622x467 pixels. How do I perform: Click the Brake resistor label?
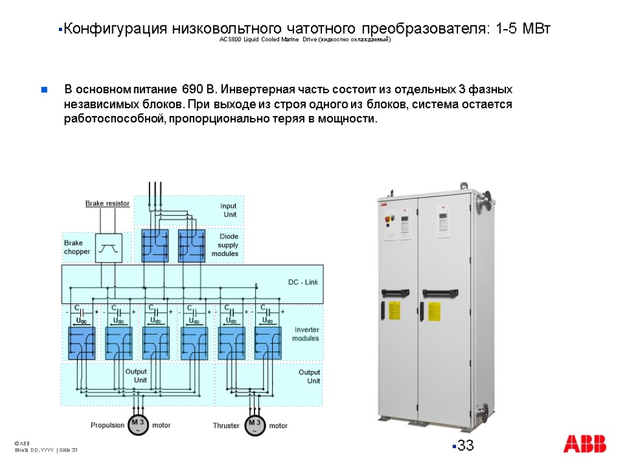[x=107, y=204]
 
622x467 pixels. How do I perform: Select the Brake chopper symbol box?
[x=109, y=247]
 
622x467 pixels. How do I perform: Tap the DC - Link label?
[x=302, y=282]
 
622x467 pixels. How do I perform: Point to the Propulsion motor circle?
[x=138, y=425]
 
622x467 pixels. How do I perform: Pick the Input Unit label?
[x=229, y=210]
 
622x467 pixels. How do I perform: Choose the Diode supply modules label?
[x=225, y=244]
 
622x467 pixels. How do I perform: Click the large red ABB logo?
[x=584, y=444]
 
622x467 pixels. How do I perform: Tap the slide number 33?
[x=465, y=446]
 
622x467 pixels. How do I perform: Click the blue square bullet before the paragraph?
[x=44, y=91]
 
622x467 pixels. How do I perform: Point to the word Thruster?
[x=226, y=426]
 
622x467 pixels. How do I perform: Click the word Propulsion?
[x=108, y=425]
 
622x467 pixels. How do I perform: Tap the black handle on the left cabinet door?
[x=398, y=292]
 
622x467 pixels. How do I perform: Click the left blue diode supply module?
[x=155, y=245]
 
